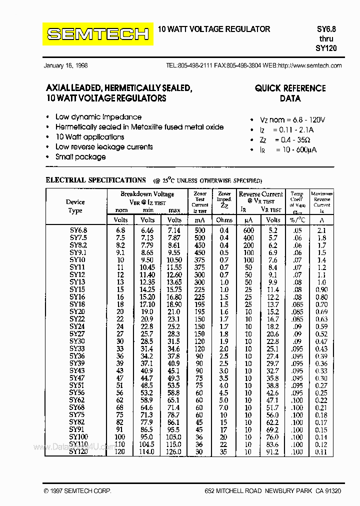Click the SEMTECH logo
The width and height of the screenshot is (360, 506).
97,34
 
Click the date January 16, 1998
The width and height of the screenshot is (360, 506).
66,65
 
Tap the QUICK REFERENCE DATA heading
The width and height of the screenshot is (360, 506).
290,93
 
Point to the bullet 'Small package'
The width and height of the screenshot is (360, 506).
80,157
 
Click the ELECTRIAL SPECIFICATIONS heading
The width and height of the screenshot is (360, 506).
95,180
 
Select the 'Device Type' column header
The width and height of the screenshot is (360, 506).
75,206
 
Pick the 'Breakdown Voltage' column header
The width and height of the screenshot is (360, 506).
147,194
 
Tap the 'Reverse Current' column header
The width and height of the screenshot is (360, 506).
260,194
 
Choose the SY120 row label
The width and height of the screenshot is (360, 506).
78,452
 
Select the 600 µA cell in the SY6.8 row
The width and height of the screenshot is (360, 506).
248,230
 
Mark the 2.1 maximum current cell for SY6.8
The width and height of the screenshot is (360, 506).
321,230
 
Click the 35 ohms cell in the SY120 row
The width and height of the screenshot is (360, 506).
224,452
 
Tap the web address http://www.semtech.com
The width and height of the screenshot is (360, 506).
309,65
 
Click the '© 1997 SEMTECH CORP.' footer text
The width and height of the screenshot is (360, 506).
77,491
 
